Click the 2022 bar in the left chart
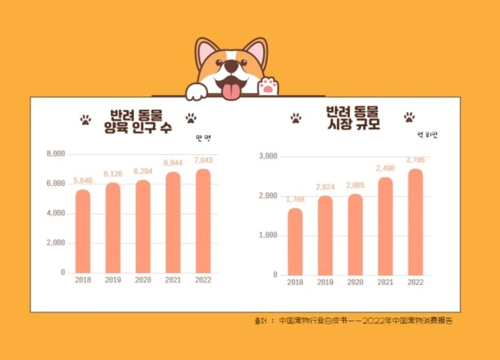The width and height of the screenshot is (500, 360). pyautogui.click(x=202, y=221)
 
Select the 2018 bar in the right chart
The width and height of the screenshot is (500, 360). pyautogui.click(x=295, y=241)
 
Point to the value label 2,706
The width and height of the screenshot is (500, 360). pyautogui.click(x=415, y=160)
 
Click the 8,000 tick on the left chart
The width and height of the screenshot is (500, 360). pyautogui.click(x=56, y=154)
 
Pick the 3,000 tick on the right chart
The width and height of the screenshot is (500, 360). pyautogui.click(x=268, y=156)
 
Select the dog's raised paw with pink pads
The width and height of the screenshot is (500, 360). pyautogui.click(x=268, y=85)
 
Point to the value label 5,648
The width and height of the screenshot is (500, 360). pyautogui.click(x=83, y=180)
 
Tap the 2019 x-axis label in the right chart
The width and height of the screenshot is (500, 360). pyautogui.click(x=325, y=282)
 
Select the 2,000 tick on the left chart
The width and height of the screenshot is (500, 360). pyautogui.click(x=56, y=243)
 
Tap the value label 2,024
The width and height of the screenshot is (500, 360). pyautogui.click(x=325, y=187)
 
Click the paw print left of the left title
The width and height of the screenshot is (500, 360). pyautogui.click(x=85, y=120)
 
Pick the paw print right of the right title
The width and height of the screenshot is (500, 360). pyautogui.click(x=409, y=118)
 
